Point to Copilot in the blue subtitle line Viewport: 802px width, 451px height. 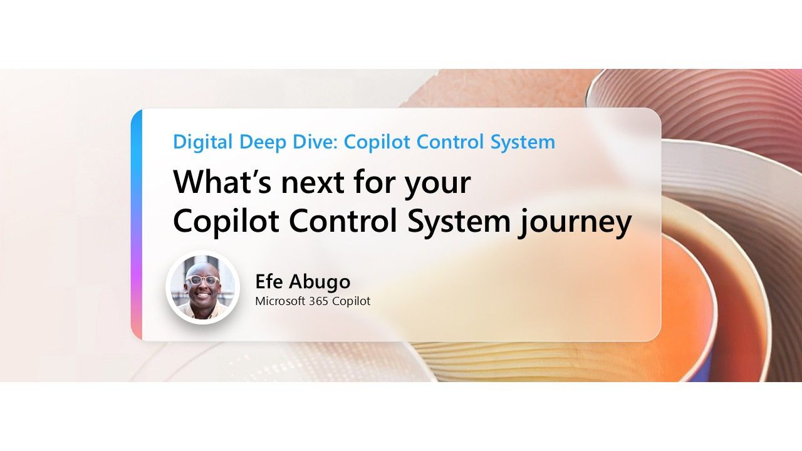tap(377, 142)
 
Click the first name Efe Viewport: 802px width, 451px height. tap(270, 282)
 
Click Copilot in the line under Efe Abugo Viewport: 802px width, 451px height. tap(351, 301)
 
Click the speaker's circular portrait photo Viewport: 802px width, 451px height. tap(202, 288)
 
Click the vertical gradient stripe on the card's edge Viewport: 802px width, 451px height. tap(137, 225)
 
